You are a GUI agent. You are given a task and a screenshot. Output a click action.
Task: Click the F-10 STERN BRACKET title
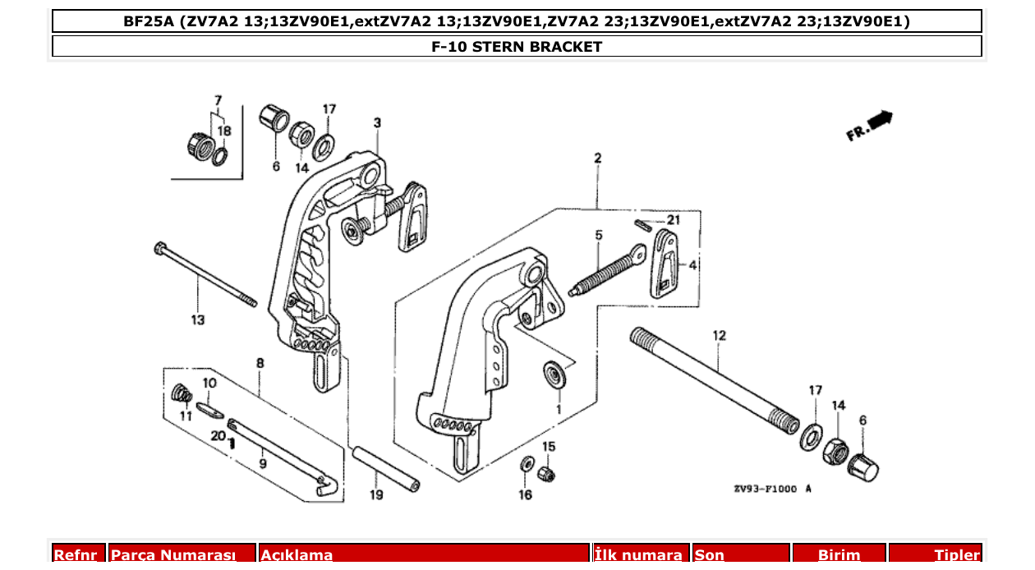pos(517,47)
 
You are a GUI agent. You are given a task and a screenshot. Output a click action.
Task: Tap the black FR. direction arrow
pos(879,121)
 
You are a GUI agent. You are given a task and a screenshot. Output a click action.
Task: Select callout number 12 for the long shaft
pos(720,335)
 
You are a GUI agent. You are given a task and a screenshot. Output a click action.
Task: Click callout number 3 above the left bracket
pos(377,123)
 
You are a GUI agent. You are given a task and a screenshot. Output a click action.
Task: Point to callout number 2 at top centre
pos(597,158)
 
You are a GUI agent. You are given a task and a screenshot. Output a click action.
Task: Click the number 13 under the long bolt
pos(198,319)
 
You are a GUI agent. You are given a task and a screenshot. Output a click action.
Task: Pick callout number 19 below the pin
pos(376,494)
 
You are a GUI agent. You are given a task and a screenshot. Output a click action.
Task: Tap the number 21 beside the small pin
pos(674,220)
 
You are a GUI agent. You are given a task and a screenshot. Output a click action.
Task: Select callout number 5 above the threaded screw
pos(599,236)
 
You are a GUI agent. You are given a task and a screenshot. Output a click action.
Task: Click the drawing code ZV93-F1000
pos(765,488)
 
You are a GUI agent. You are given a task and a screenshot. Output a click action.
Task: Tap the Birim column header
pos(839,555)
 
